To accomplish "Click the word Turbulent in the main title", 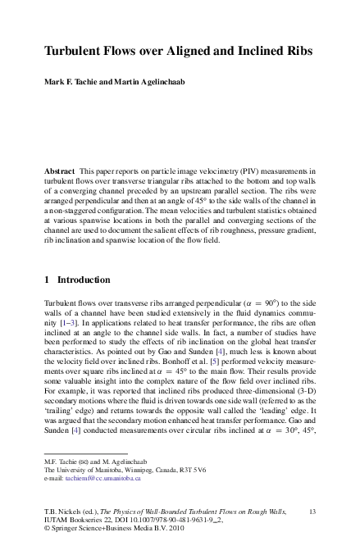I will point(74,51).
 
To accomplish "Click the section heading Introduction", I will point(83,280).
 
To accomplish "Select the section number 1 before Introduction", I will point(48,280).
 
